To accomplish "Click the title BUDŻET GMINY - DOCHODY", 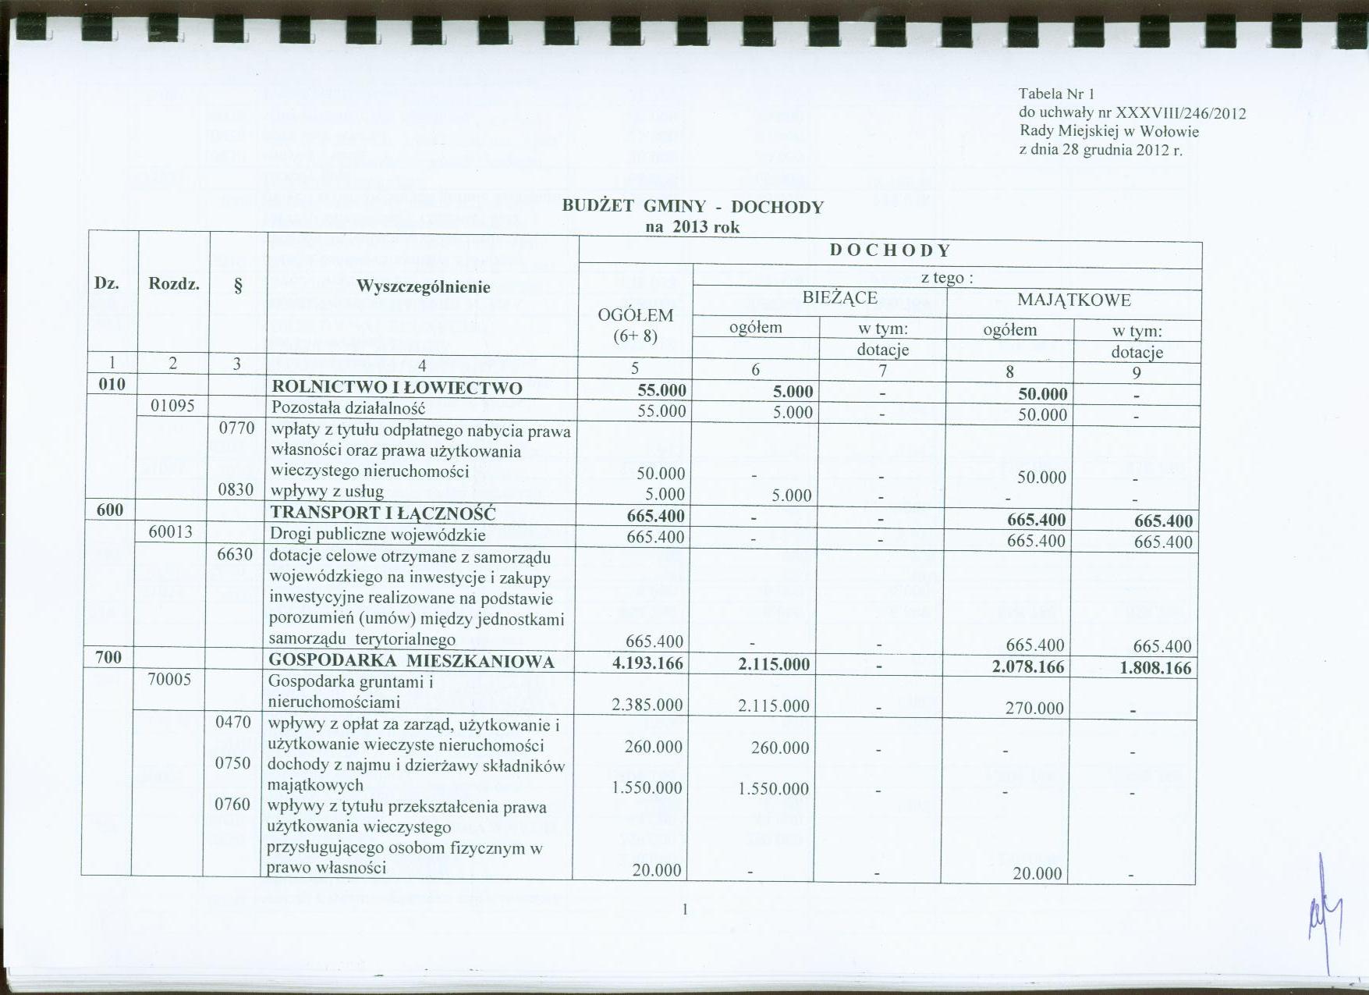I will (692, 207).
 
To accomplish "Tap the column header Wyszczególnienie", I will (423, 286).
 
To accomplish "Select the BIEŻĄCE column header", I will (840, 298).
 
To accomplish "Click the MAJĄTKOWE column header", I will (1073, 300).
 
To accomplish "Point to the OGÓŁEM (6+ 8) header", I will (634, 325).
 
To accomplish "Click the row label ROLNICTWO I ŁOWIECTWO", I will (396, 388).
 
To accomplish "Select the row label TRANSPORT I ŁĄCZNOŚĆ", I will (383, 513).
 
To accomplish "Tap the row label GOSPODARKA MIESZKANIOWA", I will (411, 662).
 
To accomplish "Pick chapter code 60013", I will (171, 532).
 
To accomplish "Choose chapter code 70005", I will (169, 679).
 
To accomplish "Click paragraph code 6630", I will (235, 555).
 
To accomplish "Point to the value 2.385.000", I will (647, 705).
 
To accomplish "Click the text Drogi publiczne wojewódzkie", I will (378, 535).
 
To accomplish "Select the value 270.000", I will (1034, 708).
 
